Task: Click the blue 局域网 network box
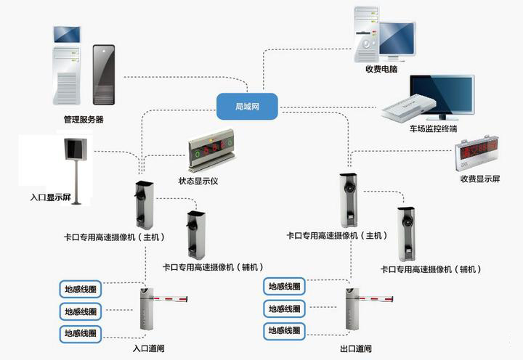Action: point(248,107)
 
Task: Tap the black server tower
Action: point(103,74)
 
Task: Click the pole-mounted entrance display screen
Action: point(74,150)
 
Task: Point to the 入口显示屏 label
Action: point(51,197)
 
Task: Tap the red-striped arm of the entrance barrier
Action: point(171,298)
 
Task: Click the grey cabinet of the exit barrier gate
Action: point(352,310)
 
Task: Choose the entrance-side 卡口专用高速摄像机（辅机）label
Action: point(214,267)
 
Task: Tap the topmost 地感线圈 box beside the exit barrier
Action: point(284,287)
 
